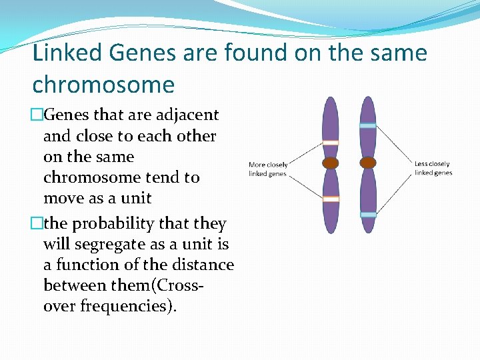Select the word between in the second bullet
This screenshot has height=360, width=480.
(x=73, y=285)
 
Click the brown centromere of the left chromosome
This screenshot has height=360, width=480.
(x=330, y=163)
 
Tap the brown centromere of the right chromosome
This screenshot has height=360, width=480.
(x=367, y=163)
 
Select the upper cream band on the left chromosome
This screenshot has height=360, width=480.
(x=330, y=142)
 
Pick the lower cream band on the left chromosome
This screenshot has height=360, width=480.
(x=330, y=199)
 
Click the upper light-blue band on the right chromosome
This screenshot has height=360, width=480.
(x=367, y=125)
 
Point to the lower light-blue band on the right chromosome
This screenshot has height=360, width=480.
(x=367, y=215)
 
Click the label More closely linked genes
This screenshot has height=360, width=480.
(x=267, y=169)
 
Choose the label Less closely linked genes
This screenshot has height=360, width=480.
(x=433, y=169)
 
